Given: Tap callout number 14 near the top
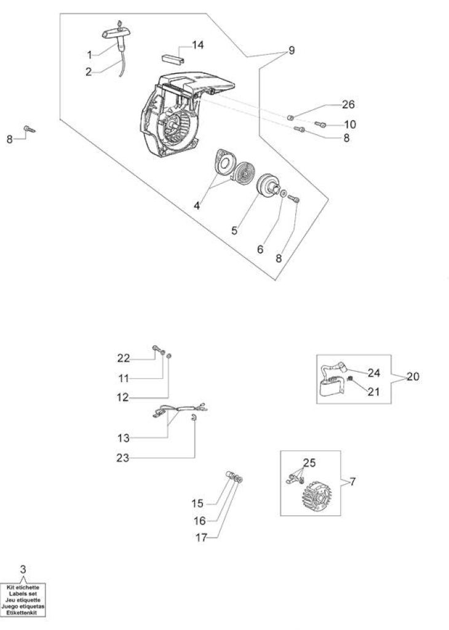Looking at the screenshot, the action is (197, 44).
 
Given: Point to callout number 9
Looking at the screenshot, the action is (292, 50).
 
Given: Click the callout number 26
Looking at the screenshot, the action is (348, 105).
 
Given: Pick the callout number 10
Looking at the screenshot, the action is (350, 124).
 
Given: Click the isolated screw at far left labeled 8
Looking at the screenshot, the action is (30, 129).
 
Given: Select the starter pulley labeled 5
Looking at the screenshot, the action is (269, 186).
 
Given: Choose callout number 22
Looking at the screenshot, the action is (124, 358).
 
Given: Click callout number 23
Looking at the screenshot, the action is (122, 458).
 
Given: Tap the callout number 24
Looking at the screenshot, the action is (373, 373).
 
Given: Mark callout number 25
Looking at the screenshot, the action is (309, 463).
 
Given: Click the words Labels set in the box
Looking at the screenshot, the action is (23, 594).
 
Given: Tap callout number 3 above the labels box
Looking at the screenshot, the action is (23, 569).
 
